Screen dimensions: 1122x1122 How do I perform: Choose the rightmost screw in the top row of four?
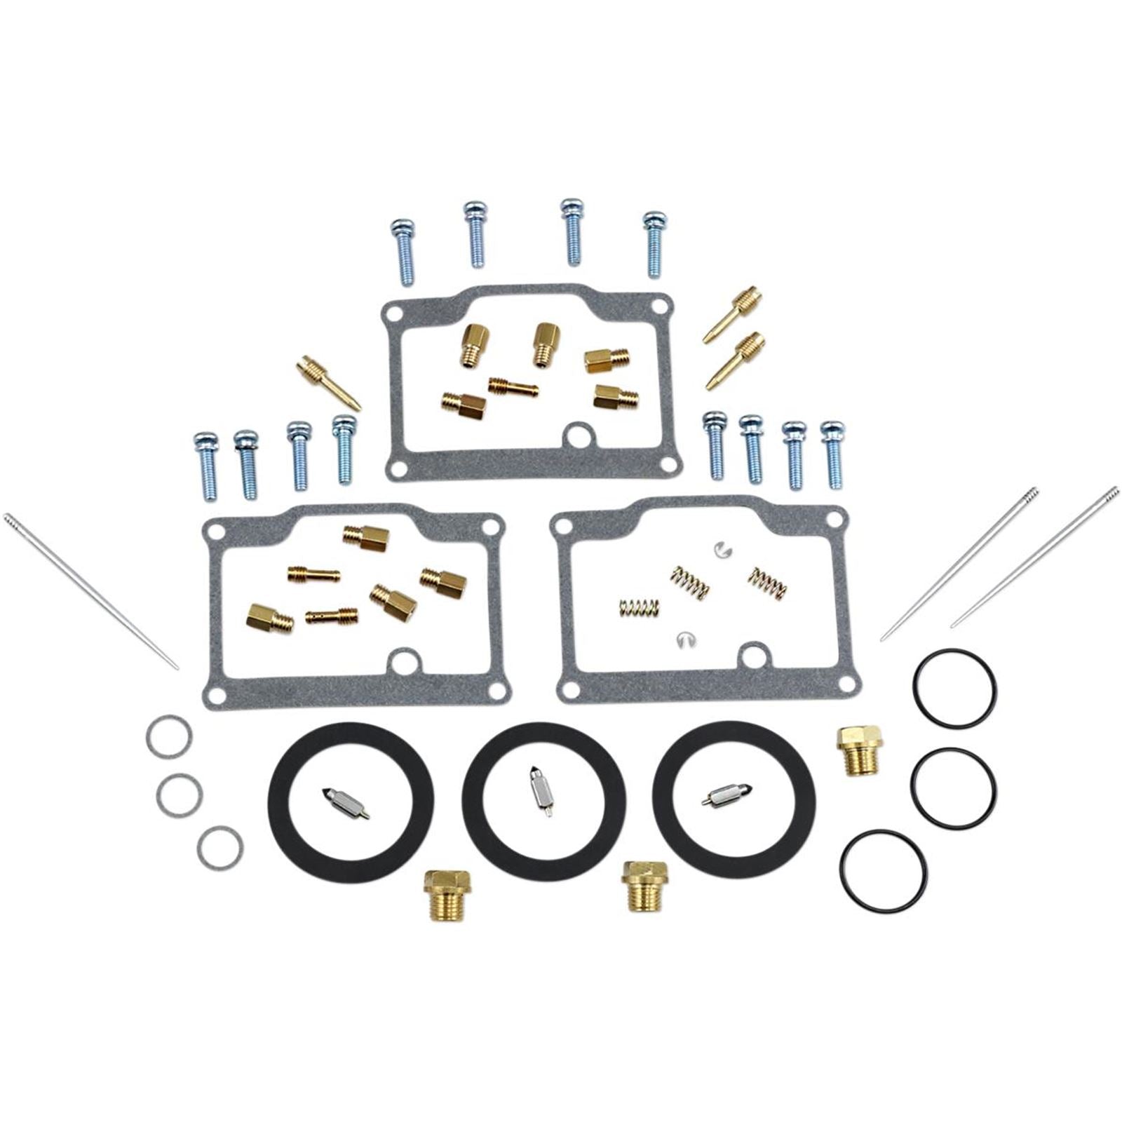point(654,242)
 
